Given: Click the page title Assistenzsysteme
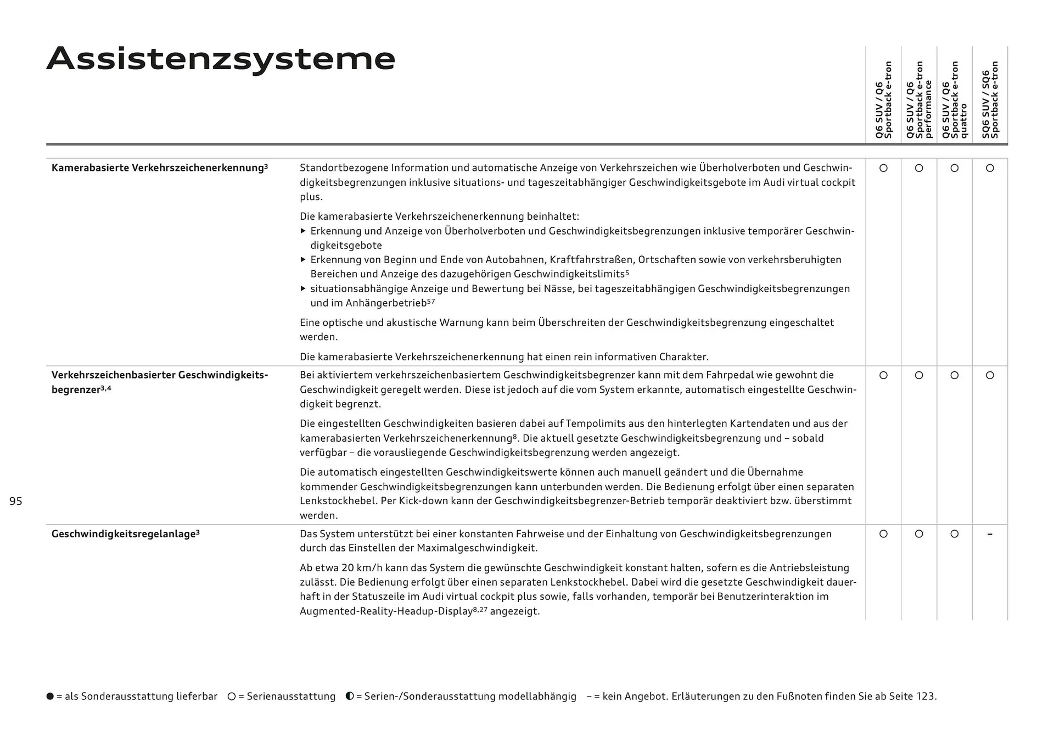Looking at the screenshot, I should pyautogui.click(x=221, y=59).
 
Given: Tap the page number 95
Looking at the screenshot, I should pyautogui.click(x=16, y=501).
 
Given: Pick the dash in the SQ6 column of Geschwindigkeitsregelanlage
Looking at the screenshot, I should pyautogui.click(x=990, y=534).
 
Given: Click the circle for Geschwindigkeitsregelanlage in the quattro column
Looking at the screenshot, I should pyautogui.click(x=955, y=534).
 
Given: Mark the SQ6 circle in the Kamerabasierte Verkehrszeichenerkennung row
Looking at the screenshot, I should pyautogui.click(x=990, y=168).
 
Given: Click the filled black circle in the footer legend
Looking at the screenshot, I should pyautogui.click(x=51, y=697).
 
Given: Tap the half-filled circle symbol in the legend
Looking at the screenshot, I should pyautogui.click(x=350, y=696).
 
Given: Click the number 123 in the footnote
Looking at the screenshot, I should pyautogui.click(x=925, y=697).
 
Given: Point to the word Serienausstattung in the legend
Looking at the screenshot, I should pyautogui.click(x=291, y=697).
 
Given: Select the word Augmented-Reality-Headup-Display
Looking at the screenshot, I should pyautogui.click(x=386, y=611).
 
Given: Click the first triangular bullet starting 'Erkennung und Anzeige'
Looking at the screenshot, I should pyautogui.click(x=303, y=231).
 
